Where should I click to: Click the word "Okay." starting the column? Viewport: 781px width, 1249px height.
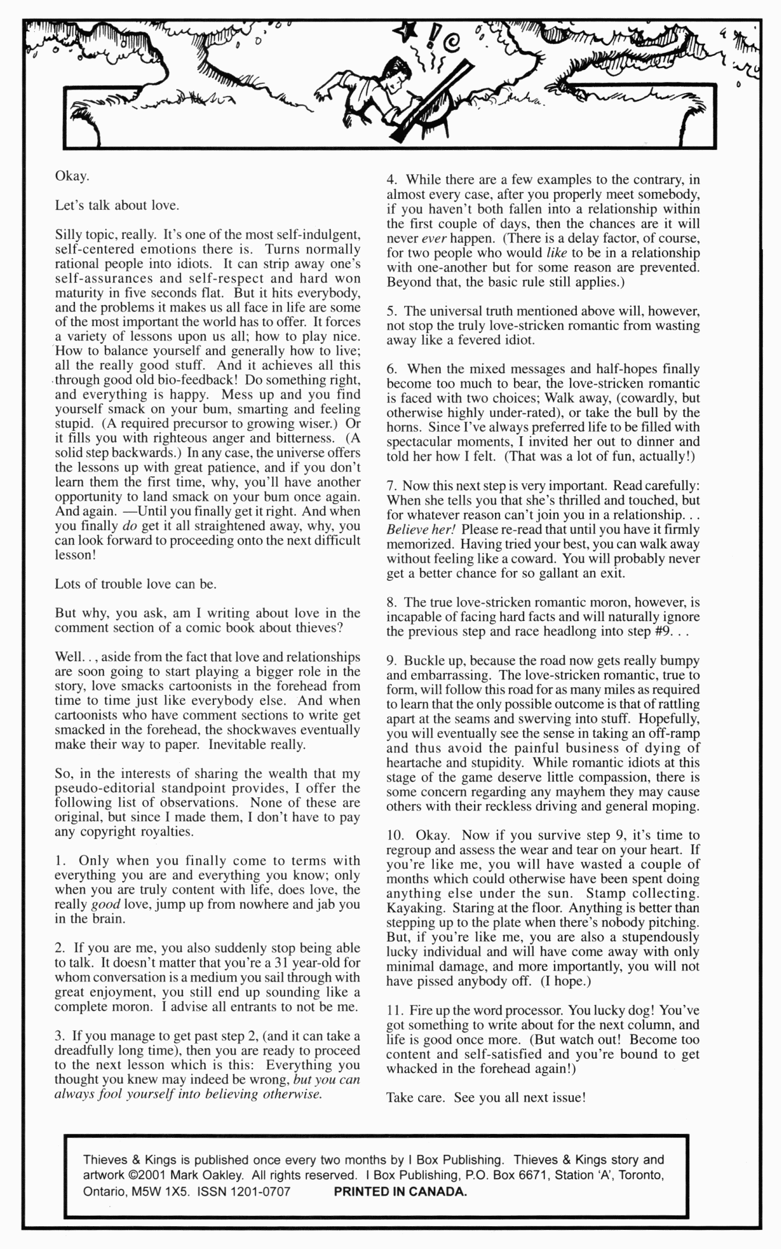72,176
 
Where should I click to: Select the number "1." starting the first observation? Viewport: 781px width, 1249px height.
60,861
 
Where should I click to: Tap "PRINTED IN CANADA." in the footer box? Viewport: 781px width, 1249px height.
400,1191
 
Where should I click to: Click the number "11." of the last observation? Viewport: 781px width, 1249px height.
394,1010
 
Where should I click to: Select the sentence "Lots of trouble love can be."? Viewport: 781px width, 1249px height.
135,584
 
